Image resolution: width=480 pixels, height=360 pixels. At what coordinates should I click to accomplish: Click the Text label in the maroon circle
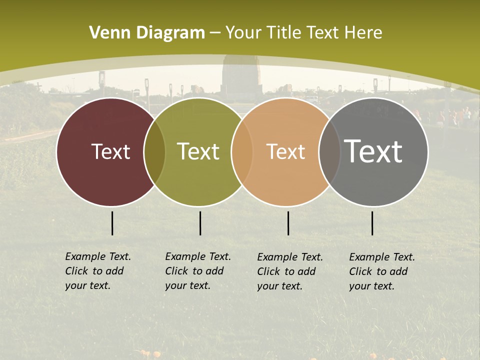coord(110,151)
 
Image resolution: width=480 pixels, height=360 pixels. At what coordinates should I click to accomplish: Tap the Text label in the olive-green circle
coord(198,151)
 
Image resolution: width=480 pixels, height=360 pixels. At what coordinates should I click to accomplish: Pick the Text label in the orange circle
coord(285,151)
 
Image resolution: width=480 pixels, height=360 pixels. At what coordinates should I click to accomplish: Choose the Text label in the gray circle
coord(373,151)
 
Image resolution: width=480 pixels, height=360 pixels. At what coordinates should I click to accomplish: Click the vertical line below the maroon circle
coord(112,223)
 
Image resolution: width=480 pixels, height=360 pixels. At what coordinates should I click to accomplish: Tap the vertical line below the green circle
coord(200,223)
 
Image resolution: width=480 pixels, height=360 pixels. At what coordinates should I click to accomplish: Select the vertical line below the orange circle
coord(288,223)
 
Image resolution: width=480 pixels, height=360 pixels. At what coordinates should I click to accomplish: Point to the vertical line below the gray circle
coord(372,223)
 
